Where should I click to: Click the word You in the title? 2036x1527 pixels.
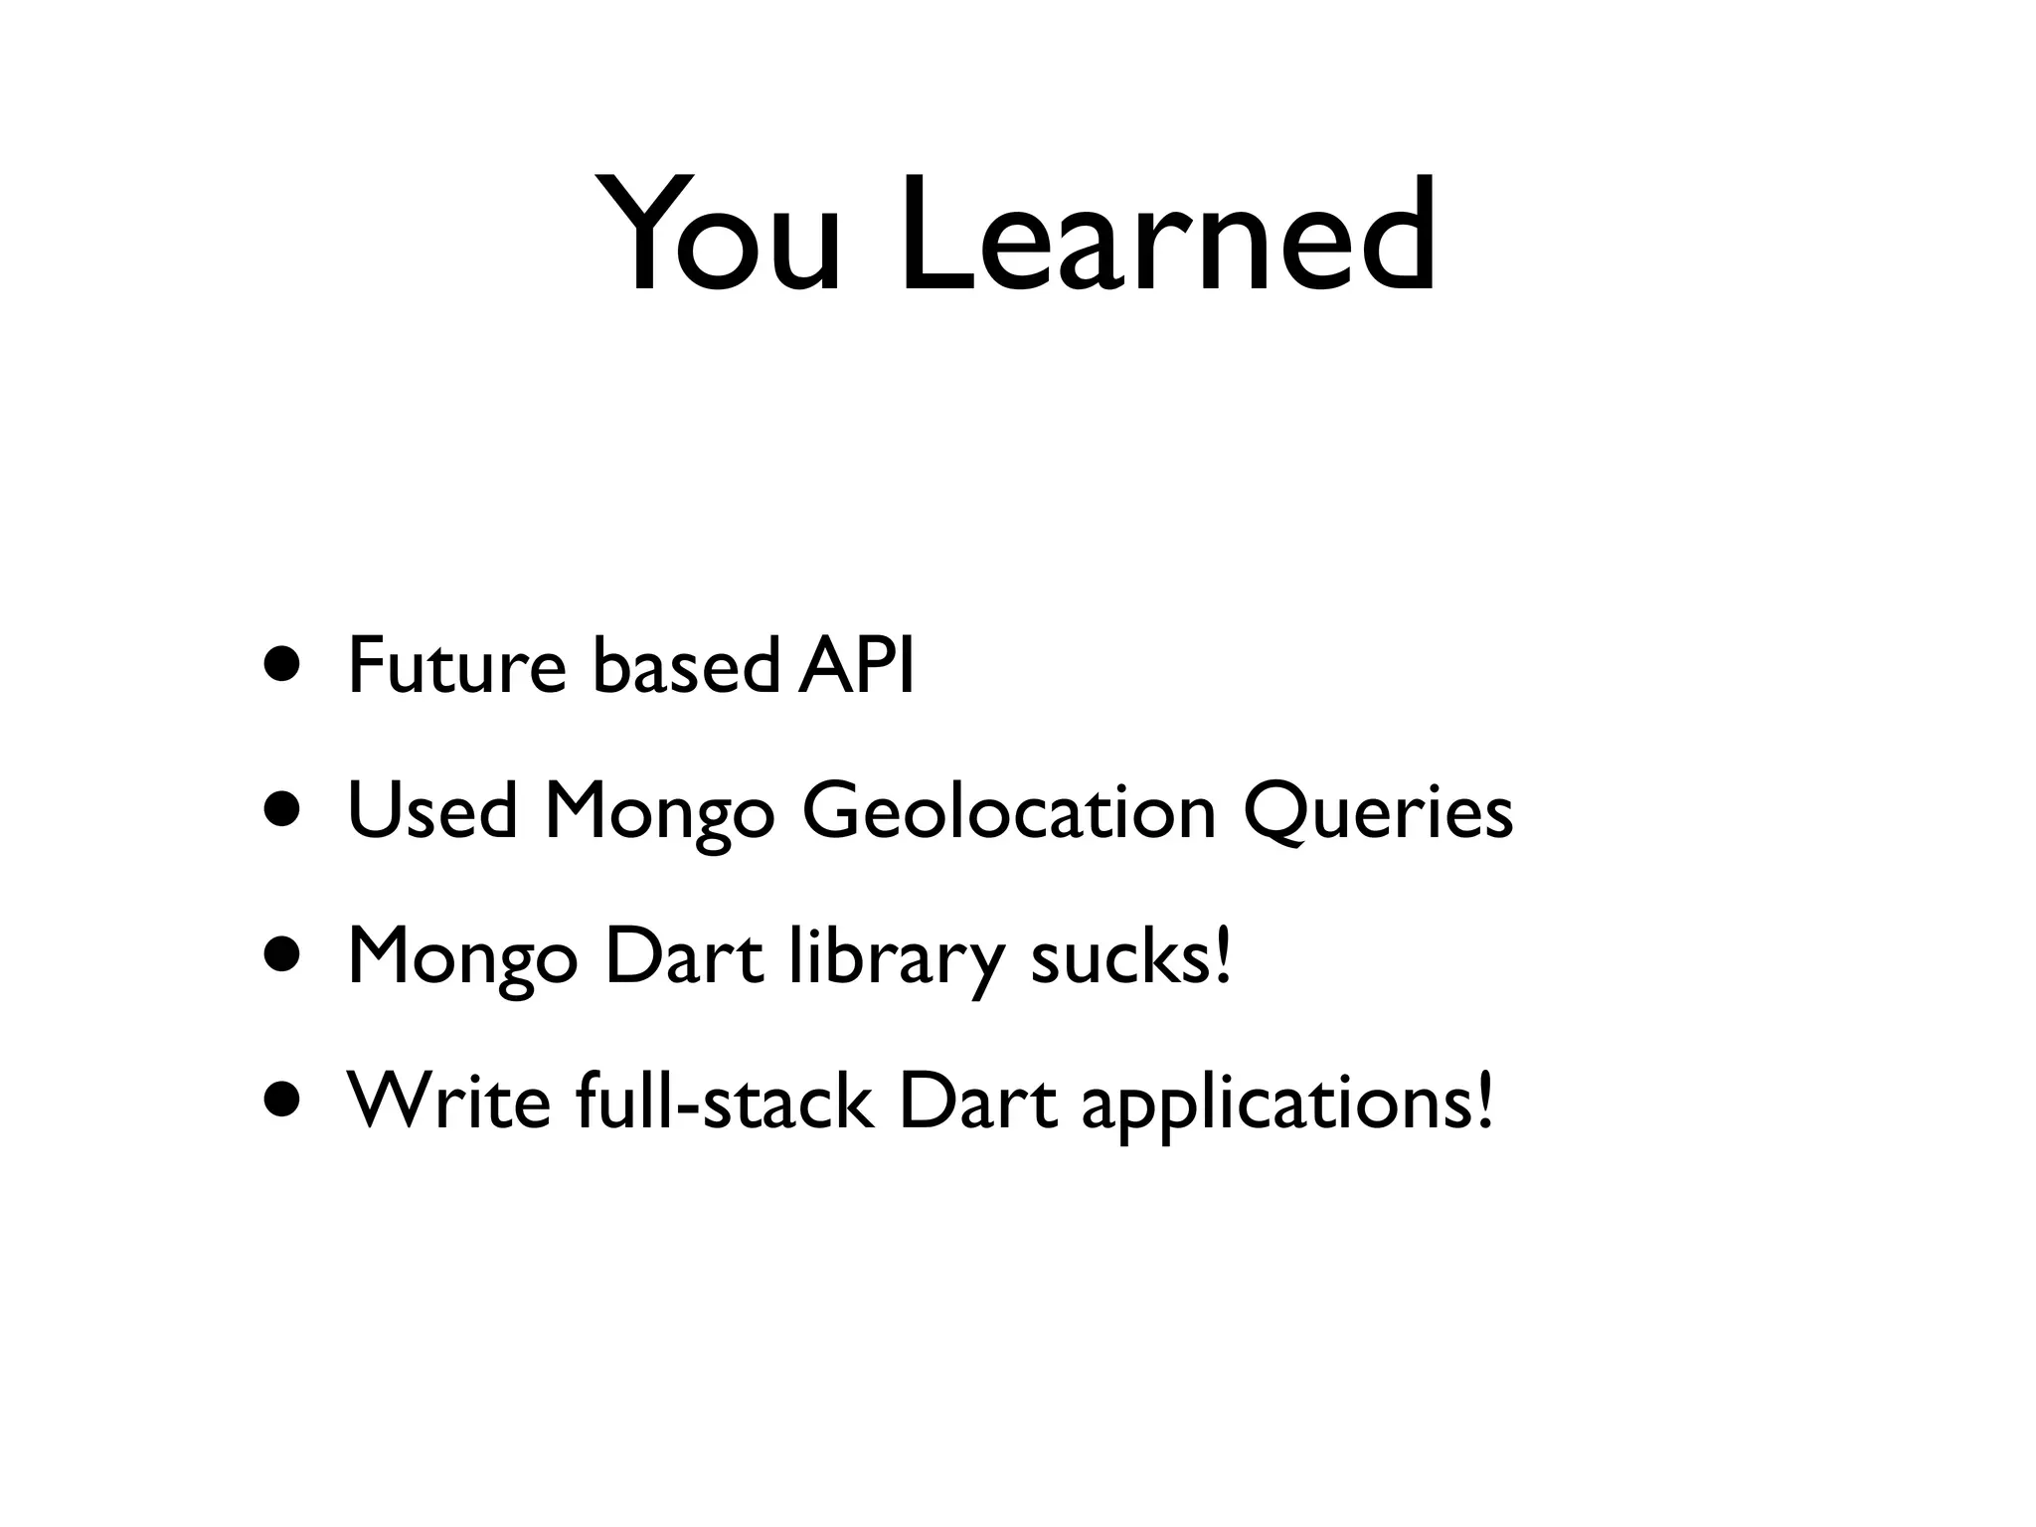tap(720, 237)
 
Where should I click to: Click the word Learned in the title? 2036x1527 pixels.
tap(1167, 237)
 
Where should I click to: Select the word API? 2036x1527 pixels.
tap(856, 666)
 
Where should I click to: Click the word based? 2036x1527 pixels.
tap(686, 666)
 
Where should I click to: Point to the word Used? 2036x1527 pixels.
tap(432, 811)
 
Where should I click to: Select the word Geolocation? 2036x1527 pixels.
tap(1009, 811)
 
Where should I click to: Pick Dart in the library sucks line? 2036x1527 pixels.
tap(684, 957)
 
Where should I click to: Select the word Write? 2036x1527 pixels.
tap(448, 1103)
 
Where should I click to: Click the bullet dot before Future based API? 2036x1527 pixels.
tap(281, 666)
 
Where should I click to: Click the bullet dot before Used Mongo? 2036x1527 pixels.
tap(281, 811)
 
